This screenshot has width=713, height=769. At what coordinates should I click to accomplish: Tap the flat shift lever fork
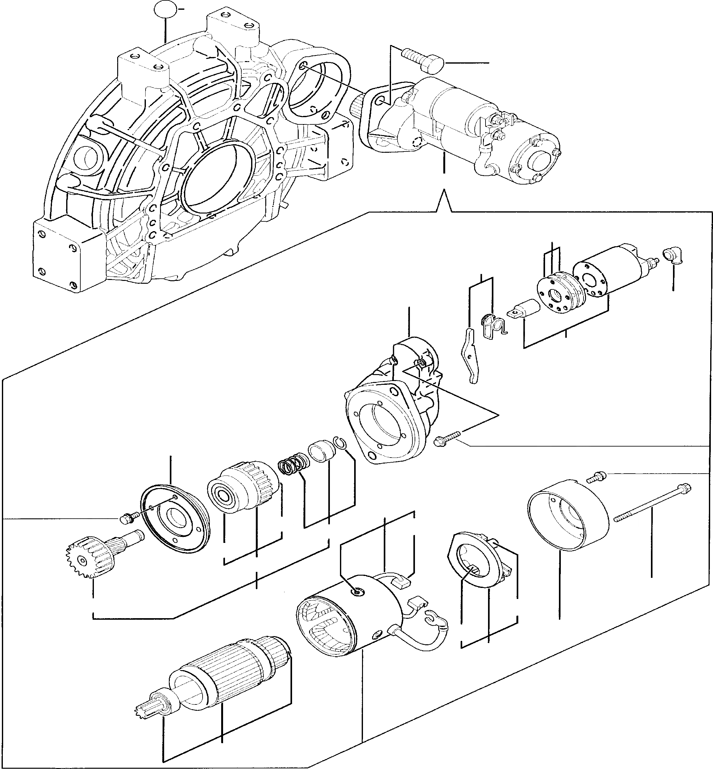(471, 355)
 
